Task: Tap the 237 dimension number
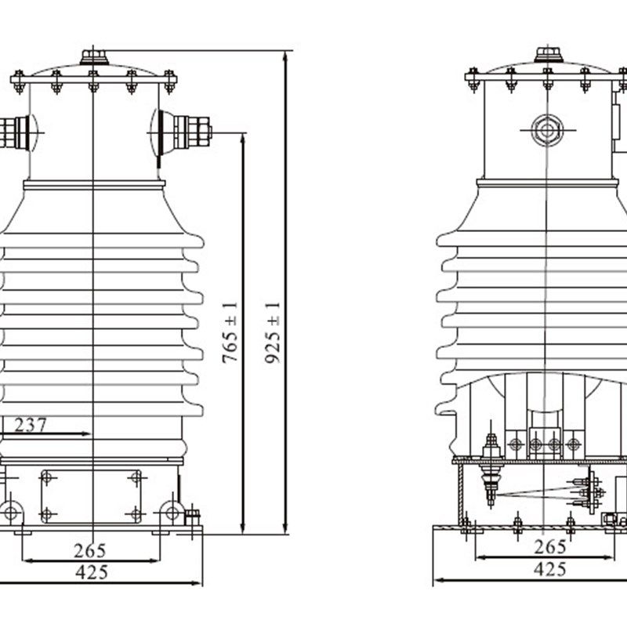30,425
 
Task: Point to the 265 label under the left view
90,550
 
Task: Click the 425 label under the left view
92,572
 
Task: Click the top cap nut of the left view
94,56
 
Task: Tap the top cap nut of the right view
547,54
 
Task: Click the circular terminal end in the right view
547,129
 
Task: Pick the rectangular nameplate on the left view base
92,496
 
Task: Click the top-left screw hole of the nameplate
46,477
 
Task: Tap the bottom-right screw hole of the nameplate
136,515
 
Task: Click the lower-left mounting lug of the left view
11,513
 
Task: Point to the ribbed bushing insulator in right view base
491,470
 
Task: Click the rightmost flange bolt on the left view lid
169,79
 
